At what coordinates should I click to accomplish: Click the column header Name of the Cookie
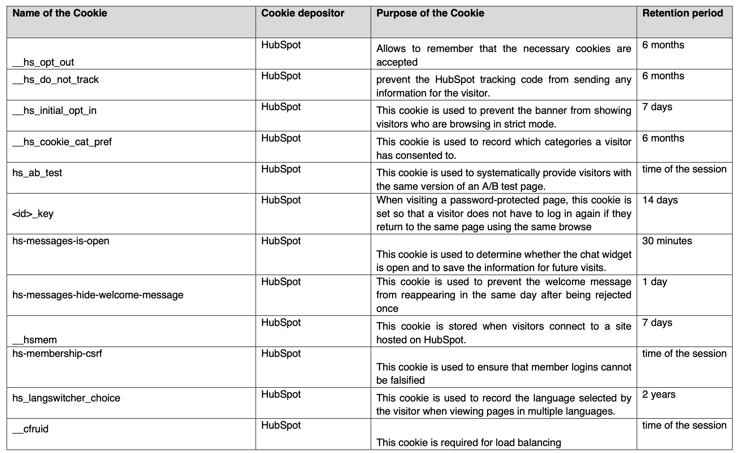(60, 13)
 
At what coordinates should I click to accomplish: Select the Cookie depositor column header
(302, 13)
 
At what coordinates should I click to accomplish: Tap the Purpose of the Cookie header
(430, 13)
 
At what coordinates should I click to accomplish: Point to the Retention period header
(683, 13)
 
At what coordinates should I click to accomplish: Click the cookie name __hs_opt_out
(43, 62)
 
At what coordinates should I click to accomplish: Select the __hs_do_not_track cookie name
(56, 80)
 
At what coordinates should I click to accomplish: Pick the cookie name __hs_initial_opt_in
(54, 111)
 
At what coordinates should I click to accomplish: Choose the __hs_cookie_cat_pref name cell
(62, 142)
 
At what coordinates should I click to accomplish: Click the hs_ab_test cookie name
(37, 173)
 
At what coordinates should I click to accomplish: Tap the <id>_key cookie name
(33, 214)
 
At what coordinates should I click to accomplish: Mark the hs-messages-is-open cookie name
(61, 241)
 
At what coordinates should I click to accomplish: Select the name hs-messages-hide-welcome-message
(98, 295)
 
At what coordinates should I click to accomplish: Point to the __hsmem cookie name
(35, 340)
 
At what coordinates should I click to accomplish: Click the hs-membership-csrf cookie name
(57, 354)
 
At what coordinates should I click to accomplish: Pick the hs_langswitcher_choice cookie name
(66, 398)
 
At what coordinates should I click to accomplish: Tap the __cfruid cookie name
(31, 429)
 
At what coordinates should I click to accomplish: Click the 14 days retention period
(660, 200)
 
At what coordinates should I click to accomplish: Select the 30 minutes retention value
(667, 241)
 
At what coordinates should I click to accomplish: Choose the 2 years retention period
(659, 394)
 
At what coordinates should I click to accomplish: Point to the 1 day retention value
(655, 282)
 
